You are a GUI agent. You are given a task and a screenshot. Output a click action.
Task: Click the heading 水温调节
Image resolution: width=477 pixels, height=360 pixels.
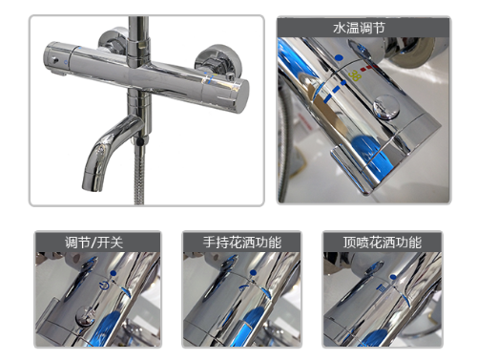point(359,28)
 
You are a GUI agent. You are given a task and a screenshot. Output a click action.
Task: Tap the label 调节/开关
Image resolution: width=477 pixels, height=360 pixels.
point(94,243)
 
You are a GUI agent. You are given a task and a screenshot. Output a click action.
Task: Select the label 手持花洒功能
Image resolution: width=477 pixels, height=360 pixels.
point(242,243)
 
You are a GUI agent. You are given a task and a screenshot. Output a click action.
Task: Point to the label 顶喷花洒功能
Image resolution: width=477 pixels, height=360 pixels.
point(383,243)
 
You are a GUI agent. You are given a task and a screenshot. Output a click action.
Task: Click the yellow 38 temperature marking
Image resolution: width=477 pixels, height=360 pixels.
point(355,75)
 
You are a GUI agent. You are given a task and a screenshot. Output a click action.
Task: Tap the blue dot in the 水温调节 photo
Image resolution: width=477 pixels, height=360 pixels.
point(339,58)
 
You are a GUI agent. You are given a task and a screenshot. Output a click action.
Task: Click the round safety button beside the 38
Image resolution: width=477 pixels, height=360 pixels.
point(386,107)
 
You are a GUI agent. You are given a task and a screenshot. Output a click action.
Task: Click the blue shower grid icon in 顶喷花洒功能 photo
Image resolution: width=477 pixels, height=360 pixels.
point(382,288)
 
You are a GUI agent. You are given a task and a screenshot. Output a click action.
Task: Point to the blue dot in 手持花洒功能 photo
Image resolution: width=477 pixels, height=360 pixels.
point(253,273)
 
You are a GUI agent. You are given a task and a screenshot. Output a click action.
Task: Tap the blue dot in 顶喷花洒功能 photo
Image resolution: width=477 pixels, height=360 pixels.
point(393,277)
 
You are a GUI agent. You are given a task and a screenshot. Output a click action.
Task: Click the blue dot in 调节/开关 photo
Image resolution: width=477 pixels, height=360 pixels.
point(114,273)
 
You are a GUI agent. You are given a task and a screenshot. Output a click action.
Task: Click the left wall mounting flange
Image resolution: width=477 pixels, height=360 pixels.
point(113,40)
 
